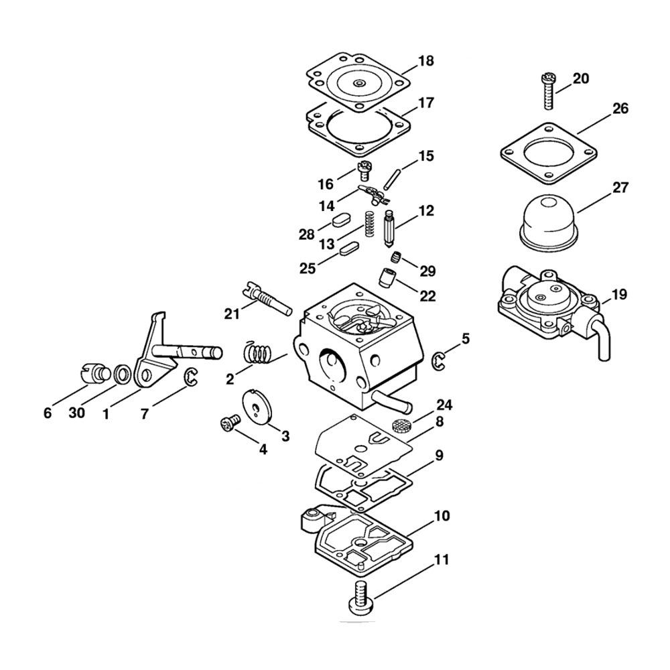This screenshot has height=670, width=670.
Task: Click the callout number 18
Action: (x=426, y=61)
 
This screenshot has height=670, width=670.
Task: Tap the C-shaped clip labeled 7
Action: (x=192, y=377)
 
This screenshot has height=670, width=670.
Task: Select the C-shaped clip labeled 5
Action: (x=438, y=360)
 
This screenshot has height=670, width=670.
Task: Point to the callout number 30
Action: (x=77, y=413)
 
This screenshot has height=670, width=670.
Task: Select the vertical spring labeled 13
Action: (x=367, y=223)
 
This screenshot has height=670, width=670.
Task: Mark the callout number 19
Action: (x=621, y=294)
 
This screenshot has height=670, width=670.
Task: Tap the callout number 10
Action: (x=442, y=517)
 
